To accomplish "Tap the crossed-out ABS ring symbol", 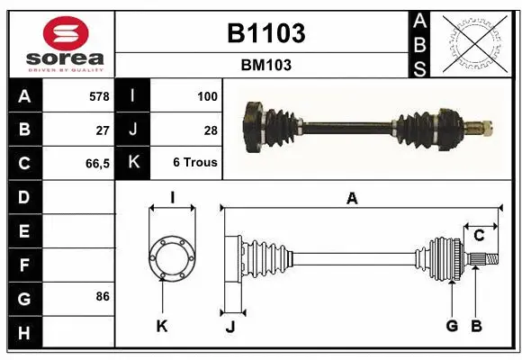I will point(476,42).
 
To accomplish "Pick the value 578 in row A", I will point(98,95).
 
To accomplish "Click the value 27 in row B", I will point(103,130).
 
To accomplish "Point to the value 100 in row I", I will point(207,95).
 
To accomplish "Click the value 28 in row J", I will point(211,130).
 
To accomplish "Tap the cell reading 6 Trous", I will point(195,164).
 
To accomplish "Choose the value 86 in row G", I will point(103,296).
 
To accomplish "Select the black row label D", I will point(24,197).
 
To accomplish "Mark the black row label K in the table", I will point(133,164).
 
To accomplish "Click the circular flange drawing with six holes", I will point(172,258).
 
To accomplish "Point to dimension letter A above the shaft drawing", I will point(353,199).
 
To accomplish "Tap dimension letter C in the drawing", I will point(479,236).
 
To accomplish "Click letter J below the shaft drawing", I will point(229,327).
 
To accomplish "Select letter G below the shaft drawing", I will point(452,326).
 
